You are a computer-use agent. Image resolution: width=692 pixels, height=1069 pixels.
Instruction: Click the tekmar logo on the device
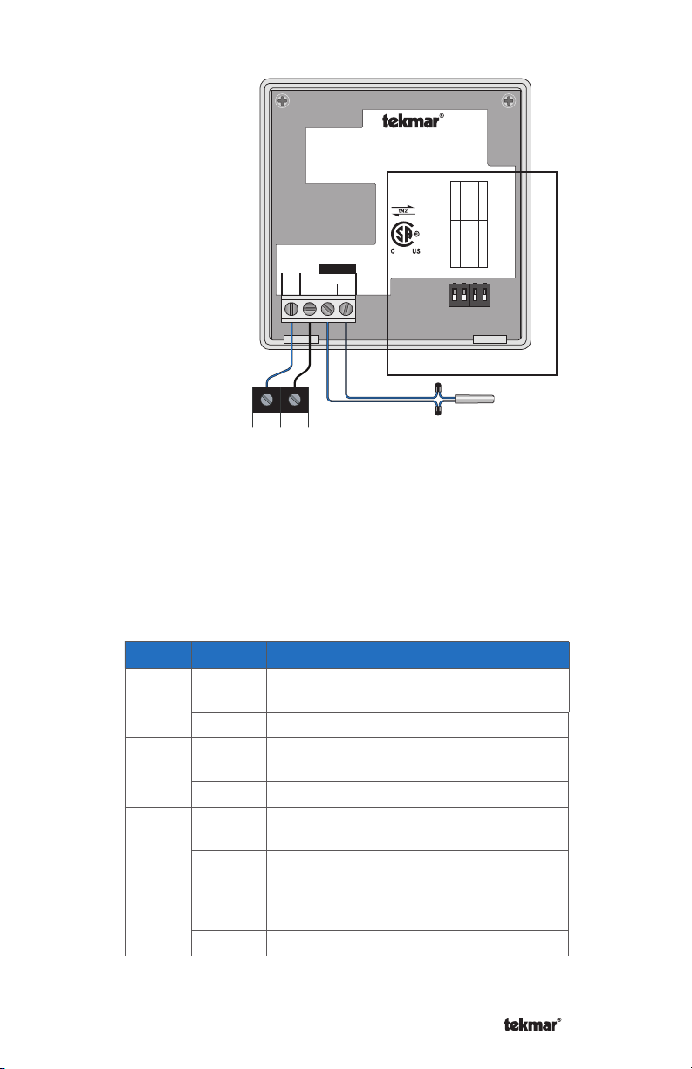413,120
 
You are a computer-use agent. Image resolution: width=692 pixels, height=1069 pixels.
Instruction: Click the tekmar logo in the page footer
532,1024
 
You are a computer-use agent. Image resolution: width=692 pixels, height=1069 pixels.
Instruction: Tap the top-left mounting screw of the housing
283,101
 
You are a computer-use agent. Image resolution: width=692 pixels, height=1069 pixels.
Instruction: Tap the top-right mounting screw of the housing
509,101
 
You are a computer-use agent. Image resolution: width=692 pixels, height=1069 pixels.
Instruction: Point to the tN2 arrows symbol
403,210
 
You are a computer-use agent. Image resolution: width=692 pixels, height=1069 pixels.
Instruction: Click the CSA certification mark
405,235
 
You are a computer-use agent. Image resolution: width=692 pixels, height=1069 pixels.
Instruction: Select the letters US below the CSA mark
416,251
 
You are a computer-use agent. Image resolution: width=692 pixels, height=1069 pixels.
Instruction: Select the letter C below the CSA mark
393,251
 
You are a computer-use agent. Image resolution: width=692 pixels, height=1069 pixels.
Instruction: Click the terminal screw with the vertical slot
291,309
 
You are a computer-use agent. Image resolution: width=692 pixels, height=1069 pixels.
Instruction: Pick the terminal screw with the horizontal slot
310,309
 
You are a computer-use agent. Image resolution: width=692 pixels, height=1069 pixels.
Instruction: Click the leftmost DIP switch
455,294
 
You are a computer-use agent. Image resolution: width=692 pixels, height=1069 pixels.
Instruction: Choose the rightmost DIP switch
485,294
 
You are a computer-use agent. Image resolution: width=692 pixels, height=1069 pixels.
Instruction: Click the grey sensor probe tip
475,399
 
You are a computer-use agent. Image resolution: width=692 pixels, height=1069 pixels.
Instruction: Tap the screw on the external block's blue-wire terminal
267,400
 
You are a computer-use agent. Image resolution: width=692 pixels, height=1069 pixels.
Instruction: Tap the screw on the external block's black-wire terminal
294,400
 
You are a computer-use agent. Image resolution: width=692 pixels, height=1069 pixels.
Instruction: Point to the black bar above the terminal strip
337,269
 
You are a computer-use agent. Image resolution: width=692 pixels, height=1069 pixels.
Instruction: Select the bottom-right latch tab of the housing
490,339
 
